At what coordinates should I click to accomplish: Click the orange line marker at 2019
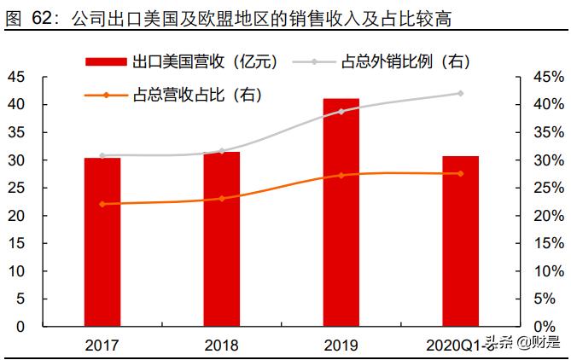[x=341, y=175]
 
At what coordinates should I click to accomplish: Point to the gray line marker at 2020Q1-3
[x=460, y=93]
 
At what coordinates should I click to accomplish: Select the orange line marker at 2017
[x=102, y=204]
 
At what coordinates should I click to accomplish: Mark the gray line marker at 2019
[x=341, y=111]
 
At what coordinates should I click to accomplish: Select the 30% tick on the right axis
[x=547, y=160]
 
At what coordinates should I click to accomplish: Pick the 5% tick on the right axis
[x=551, y=299]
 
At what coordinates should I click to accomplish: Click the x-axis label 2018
[x=221, y=345]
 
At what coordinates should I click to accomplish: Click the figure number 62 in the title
[x=43, y=15]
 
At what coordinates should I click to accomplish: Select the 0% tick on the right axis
[x=551, y=327]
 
